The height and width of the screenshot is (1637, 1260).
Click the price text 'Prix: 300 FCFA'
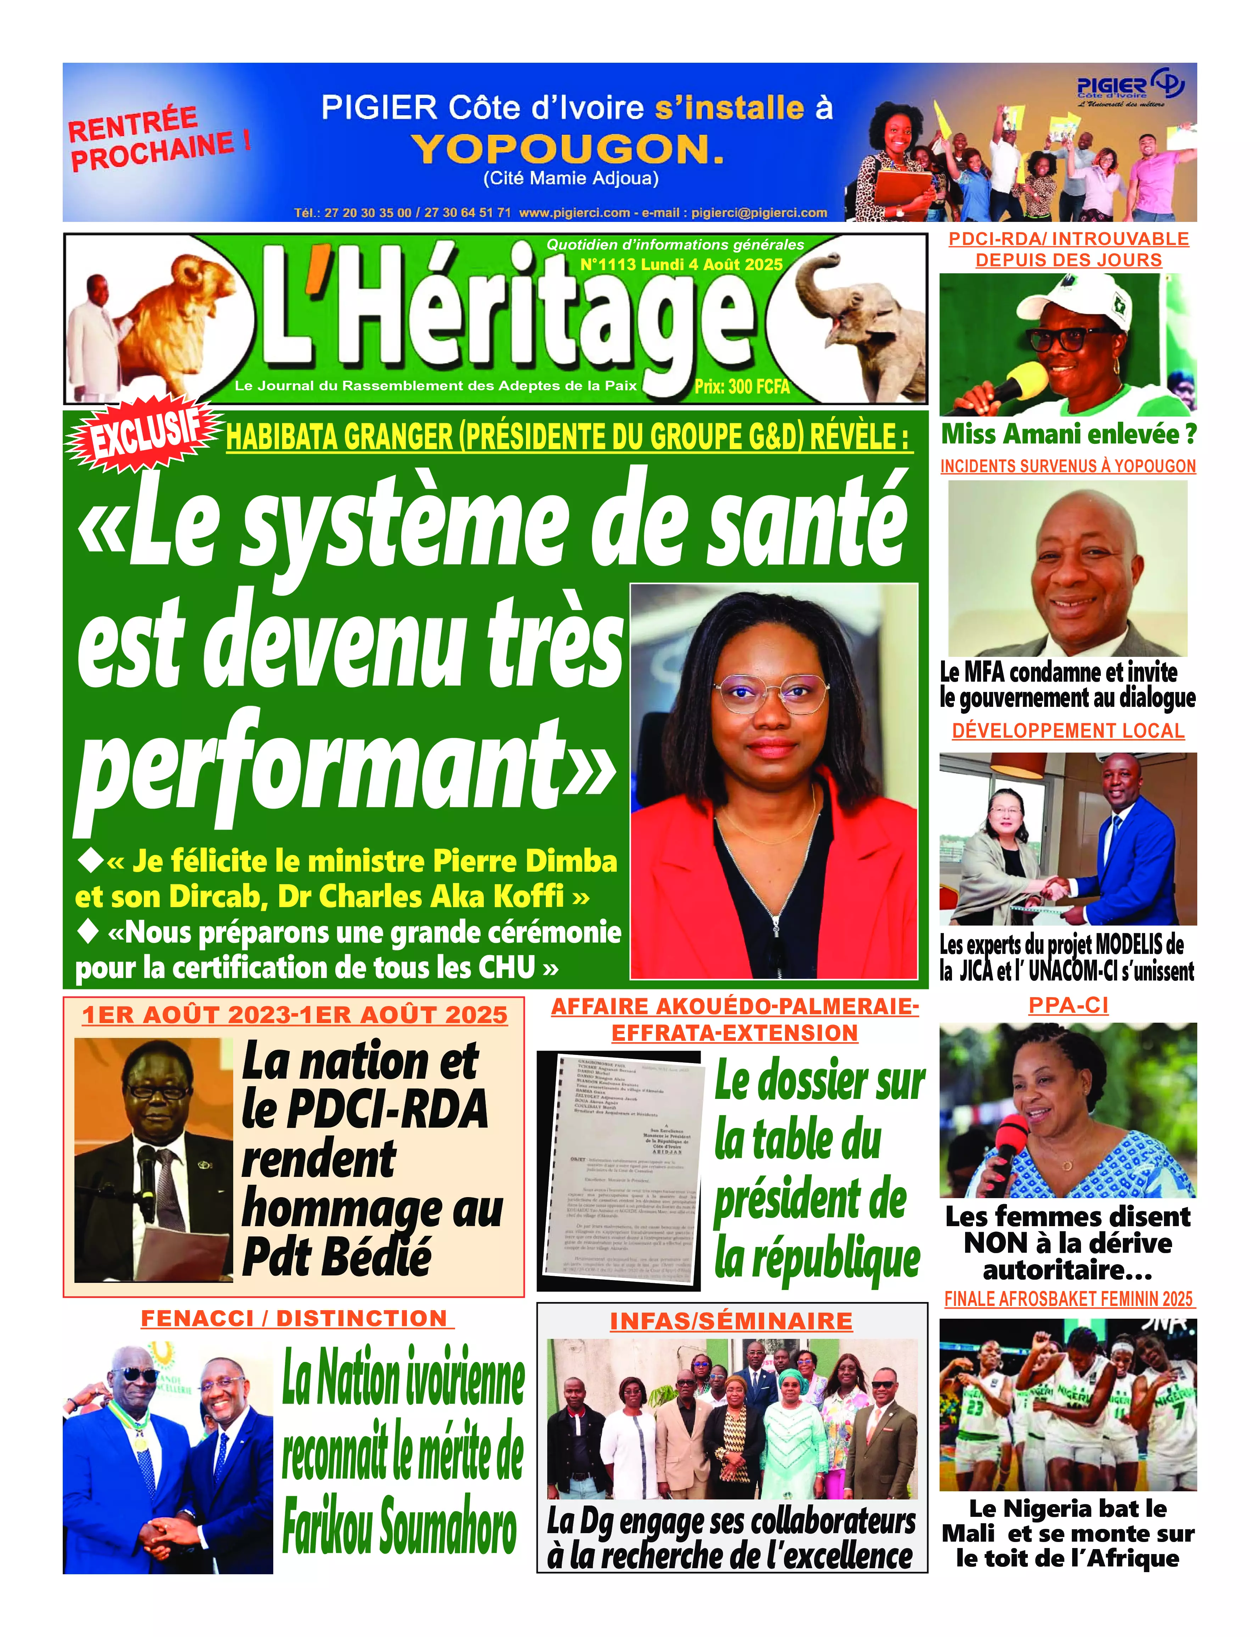click(742, 387)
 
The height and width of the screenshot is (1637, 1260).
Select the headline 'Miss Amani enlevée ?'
click(1068, 434)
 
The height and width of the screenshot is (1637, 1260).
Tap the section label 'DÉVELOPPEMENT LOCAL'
click(1068, 731)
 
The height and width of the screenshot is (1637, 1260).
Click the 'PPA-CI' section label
click(1068, 1005)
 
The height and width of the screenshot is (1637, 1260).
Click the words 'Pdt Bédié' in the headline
click(337, 1256)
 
